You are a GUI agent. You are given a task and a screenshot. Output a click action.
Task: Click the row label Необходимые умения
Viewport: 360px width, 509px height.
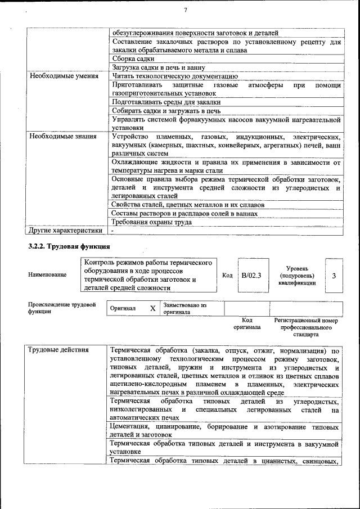click(61, 76)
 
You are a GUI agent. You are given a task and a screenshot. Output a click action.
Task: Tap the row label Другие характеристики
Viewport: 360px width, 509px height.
click(66, 230)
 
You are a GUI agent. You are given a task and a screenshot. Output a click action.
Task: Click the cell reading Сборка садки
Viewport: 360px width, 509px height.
click(133, 58)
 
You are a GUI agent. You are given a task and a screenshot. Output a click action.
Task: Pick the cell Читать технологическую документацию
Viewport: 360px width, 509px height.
click(175, 76)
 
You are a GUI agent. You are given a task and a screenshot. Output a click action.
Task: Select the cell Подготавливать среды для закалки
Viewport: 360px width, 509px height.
click(166, 102)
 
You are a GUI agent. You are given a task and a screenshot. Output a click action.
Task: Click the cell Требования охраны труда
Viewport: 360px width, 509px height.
click(152, 222)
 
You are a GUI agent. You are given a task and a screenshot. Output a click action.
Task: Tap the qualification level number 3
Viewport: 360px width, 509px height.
click(334, 276)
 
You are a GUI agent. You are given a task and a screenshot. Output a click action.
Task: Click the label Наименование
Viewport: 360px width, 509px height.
click(47, 274)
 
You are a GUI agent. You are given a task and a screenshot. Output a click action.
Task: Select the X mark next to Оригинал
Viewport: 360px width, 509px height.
click(152, 309)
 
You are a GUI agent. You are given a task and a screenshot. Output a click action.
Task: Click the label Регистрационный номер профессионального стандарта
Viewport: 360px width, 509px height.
click(305, 326)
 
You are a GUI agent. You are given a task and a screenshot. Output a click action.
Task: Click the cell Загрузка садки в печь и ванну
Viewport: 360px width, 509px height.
click(159, 67)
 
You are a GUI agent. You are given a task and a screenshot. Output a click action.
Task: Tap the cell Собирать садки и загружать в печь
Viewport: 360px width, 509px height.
click(166, 110)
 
